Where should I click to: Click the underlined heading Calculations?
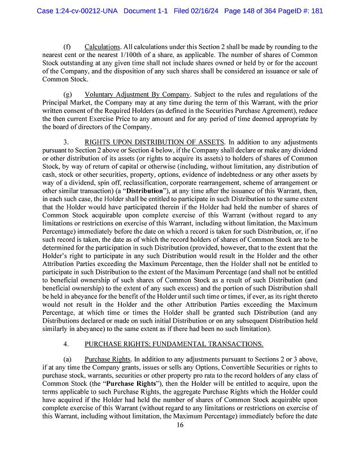pos(102,46)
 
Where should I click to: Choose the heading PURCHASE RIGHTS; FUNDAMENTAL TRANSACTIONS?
pos(174,343)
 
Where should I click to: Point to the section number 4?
pos(66,343)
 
